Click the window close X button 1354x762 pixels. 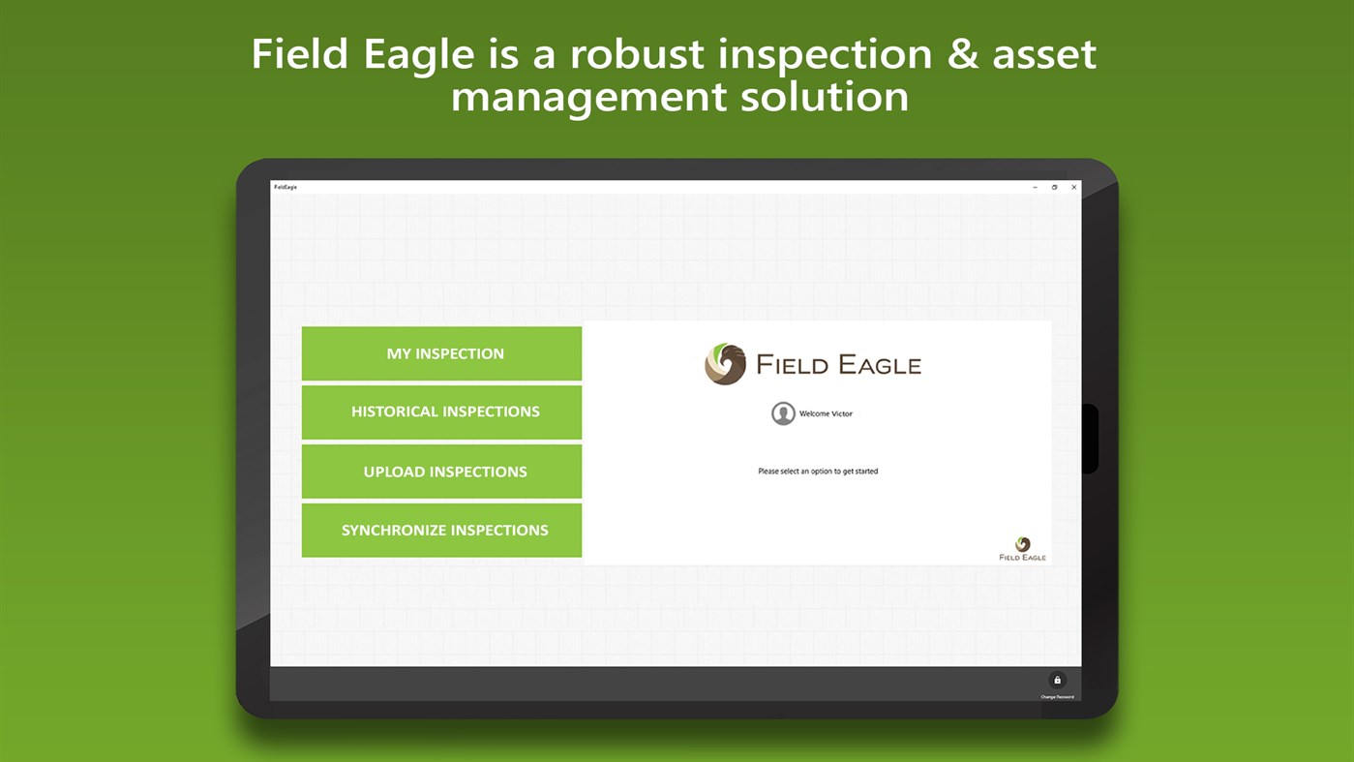pos(1073,187)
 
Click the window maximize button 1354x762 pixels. pos(1054,187)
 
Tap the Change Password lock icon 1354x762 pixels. pos(1057,681)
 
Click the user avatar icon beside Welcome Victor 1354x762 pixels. pos(783,413)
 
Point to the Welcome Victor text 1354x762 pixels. pos(826,413)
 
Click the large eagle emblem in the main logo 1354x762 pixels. pos(725,364)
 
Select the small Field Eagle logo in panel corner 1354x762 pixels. pos(1022,549)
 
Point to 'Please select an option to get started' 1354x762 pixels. pos(818,472)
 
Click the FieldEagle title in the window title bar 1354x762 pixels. pos(286,187)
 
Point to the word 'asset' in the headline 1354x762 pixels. pos(1044,54)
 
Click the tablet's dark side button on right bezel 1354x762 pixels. pos(1090,439)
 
